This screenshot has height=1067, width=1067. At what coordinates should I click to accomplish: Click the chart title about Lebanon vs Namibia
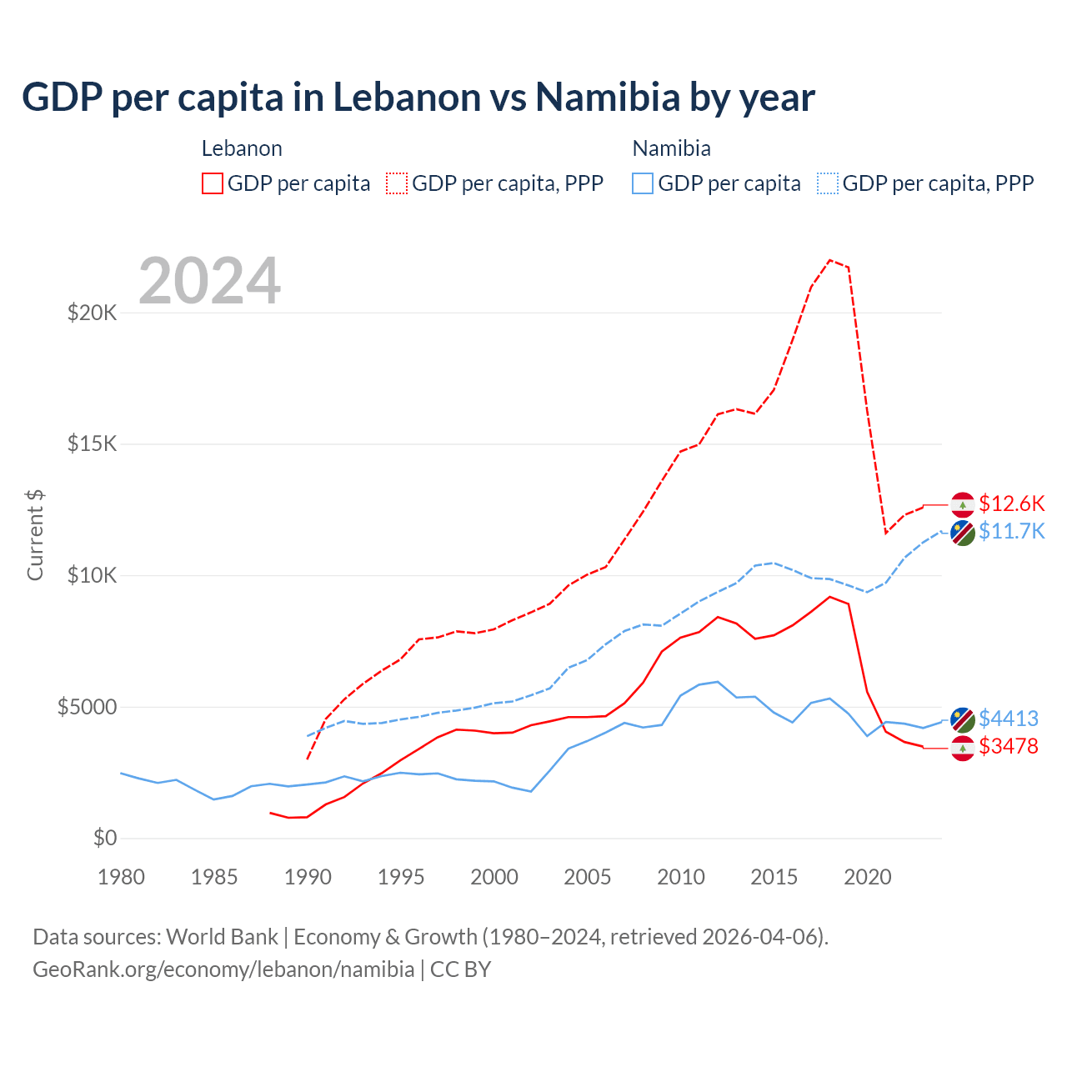(x=418, y=98)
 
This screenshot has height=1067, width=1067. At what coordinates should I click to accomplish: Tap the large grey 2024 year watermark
(x=209, y=281)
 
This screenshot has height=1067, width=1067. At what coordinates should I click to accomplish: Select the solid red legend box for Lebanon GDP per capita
(x=213, y=183)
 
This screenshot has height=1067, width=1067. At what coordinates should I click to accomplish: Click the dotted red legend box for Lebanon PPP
(x=397, y=183)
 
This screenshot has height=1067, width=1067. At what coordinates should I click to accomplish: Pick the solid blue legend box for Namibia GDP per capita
(x=643, y=183)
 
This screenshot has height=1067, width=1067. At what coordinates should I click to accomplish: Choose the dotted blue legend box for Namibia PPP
(x=828, y=183)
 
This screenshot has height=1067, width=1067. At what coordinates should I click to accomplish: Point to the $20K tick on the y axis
(x=93, y=313)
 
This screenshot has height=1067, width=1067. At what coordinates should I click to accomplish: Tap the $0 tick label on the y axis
(x=104, y=838)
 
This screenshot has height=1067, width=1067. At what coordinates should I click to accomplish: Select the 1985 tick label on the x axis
(x=214, y=877)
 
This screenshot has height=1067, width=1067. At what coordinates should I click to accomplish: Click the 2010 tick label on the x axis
(x=681, y=877)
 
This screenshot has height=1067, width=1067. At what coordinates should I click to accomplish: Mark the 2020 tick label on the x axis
(x=868, y=877)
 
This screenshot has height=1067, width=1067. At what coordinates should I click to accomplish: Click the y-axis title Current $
(x=35, y=534)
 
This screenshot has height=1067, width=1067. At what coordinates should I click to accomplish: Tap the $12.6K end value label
(x=1011, y=503)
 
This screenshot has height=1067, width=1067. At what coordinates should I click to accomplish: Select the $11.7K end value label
(x=1011, y=531)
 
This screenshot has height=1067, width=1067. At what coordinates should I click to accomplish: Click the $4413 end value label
(x=1008, y=719)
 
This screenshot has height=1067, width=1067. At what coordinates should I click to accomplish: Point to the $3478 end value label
(x=1008, y=746)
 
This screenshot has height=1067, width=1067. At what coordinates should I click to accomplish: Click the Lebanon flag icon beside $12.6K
(x=963, y=505)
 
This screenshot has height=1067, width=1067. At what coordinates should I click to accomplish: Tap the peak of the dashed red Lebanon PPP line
(x=830, y=260)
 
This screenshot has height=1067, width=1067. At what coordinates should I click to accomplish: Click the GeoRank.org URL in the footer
(x=223, y=969)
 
